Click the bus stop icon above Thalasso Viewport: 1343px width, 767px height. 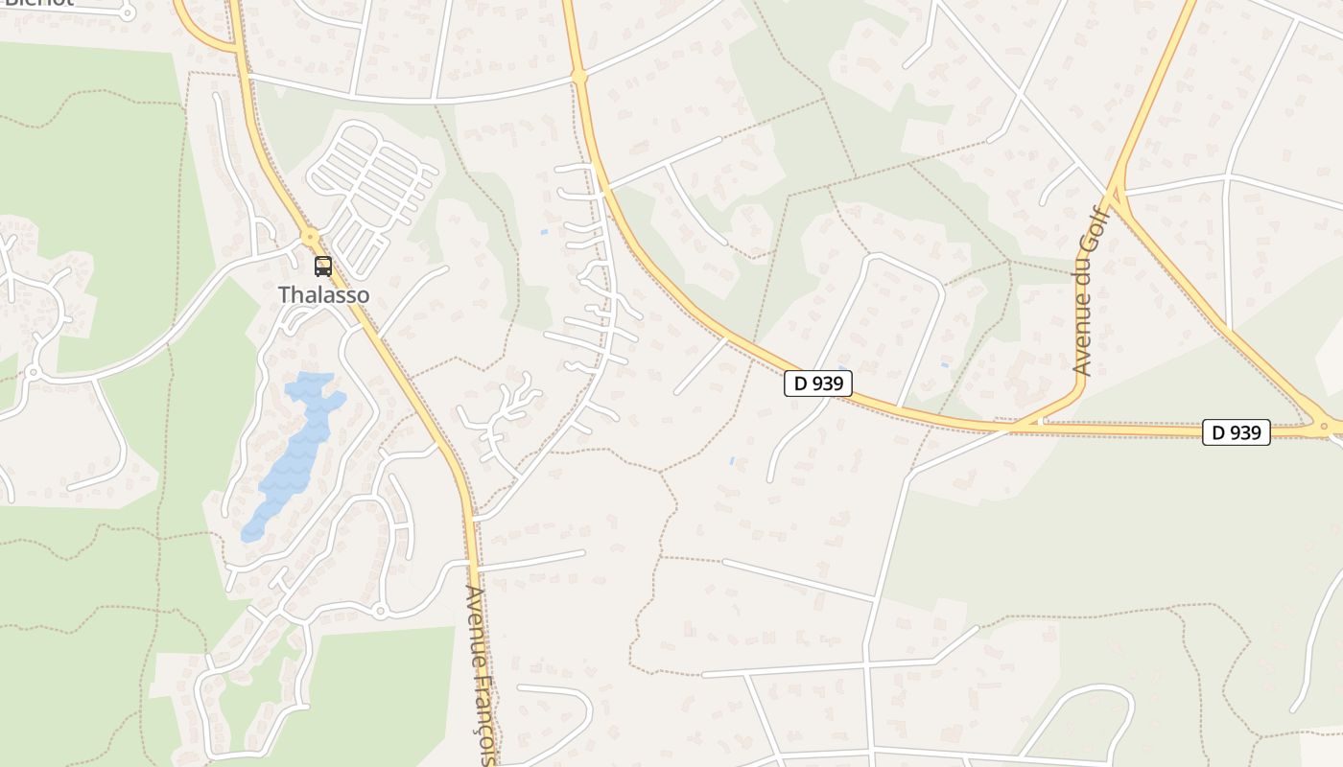click(x=323, y=267)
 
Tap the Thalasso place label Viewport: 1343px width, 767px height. click(x=323, y=295)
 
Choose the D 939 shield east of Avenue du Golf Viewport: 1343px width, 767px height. click(x=1237, y=432)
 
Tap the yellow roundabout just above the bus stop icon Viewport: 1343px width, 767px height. click(x=309, y=235)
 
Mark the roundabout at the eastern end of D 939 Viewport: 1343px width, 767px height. click(x=1324, y=426)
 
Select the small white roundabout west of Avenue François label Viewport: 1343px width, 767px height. click(x=380, y=611)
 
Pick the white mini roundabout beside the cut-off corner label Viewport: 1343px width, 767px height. click(x=128, y=12)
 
